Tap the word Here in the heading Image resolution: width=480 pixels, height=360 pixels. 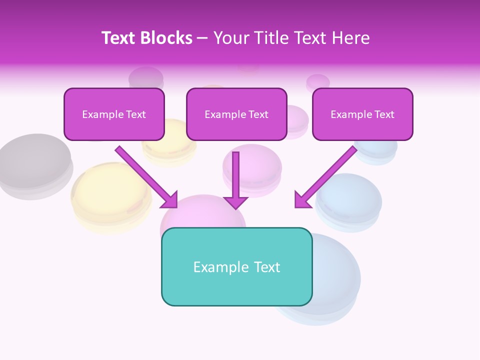(349, 38)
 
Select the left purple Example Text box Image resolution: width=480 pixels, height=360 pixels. (114, 114)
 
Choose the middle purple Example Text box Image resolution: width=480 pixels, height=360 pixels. (236, 114)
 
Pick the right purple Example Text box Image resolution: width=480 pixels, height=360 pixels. (362, 114)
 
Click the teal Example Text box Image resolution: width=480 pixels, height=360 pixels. (236, 266)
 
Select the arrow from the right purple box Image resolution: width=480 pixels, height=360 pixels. (327, 175)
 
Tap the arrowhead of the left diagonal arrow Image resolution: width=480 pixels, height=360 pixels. (169, 200)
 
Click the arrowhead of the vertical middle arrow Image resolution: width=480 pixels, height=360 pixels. (235, 202)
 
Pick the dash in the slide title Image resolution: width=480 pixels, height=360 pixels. (202, 38)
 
